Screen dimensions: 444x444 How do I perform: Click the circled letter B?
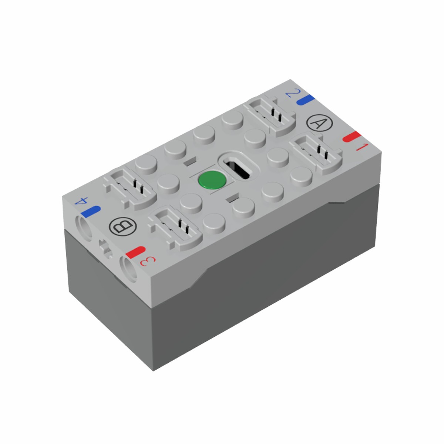pyautogui.click(x=122, y=227)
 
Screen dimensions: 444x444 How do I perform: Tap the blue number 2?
pyautogui.click(x=293, y=93)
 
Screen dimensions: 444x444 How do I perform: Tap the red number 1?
pyautogui.click(x=362, y=147)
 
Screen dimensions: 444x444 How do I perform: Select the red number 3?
pyautogui.click(x=148, y=261)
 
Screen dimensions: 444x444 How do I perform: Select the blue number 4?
pyautogui.click(x=81, y=201)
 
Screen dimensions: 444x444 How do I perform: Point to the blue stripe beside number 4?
pyautogui.click(x=91, y=212)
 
